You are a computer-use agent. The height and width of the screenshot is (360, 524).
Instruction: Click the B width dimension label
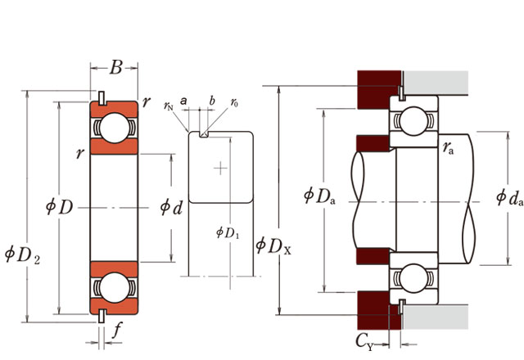point(115,68)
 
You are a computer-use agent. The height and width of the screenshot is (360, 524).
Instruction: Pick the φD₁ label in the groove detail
point(227,232)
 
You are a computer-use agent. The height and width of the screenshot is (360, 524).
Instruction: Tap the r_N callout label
point(169,106)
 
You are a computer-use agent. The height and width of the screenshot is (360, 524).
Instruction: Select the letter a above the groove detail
point(184,101)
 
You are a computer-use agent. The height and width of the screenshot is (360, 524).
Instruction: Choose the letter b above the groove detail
point(212,101)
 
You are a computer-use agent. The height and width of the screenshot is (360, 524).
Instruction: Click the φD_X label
point(273,245)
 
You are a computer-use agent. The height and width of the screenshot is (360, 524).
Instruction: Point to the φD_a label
point(319,196)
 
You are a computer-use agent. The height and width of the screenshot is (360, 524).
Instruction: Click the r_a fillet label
point(449,147)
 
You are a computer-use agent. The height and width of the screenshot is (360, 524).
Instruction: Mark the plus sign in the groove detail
point(219,169)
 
